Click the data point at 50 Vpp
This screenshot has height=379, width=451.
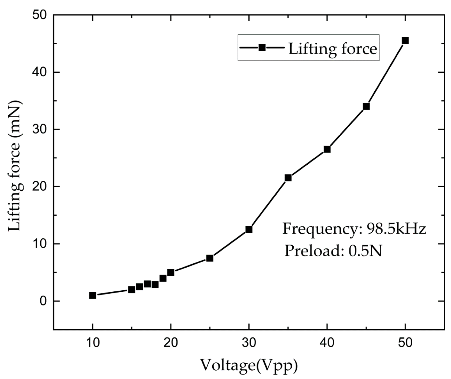click(405, 41)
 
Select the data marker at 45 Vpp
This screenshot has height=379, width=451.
click(366, 107)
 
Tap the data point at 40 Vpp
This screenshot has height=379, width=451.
click(327, 149)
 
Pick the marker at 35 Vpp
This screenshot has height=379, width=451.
click(288, 178)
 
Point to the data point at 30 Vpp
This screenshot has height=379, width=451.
click(249, 230)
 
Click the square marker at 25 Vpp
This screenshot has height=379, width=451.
click(210, 258)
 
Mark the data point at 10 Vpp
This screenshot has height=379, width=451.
click(93, 295)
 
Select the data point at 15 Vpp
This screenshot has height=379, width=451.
click(132, 290)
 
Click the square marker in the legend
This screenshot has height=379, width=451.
click(262, 48)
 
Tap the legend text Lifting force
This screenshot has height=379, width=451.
click(333, 49)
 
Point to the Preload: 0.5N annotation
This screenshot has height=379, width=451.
click(333, 251)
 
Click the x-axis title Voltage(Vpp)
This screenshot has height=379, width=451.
click(249, 366)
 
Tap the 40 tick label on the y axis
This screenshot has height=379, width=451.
click(40, 72)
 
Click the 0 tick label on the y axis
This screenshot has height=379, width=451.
click(43, 301)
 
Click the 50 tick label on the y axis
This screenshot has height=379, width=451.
click(40, 15)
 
